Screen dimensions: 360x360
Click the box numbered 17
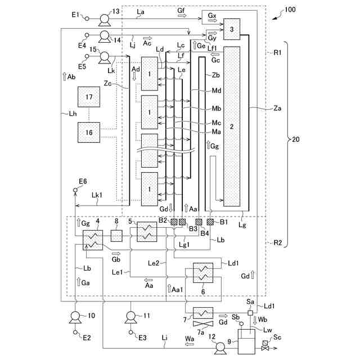click(89, 97)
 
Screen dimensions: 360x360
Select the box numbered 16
click(89, 132)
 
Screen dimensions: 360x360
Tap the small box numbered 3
click(232, 29)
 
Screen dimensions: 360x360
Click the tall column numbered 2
click(232, 126)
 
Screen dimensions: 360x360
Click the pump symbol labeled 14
click(105, 37)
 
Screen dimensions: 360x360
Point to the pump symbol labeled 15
click(105, 57)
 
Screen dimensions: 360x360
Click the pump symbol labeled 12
click(220, 348)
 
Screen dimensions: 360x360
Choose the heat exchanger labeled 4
click(93, 240)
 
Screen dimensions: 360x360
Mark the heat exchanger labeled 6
click(203, 273)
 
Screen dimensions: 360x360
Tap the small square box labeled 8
click(116, 236)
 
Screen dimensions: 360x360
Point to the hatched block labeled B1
click(210, 222)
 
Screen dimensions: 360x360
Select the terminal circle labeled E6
click(75, 190)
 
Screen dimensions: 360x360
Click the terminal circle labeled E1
click(87, 19)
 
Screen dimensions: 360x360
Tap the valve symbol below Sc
click(265, 348)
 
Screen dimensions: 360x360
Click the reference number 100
click(290, 10)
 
